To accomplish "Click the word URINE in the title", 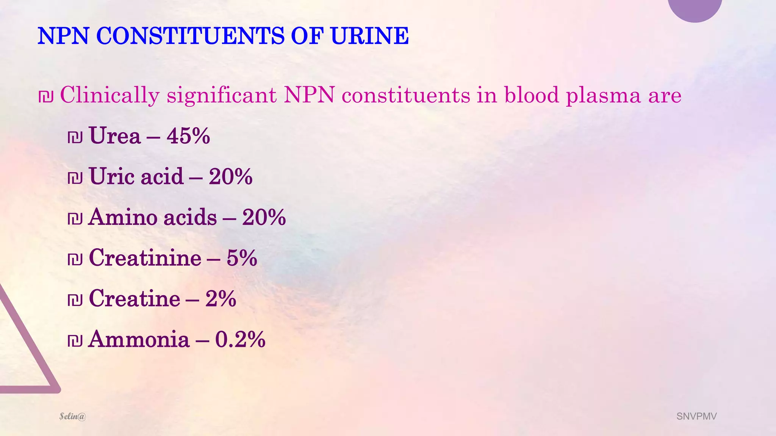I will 369,36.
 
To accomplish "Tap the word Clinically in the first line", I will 110,95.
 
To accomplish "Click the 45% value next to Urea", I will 188,136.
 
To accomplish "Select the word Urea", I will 114,136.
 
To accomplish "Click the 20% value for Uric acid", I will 230,177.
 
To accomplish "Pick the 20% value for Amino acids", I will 264,218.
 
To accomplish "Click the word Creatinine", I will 145,258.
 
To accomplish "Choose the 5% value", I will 242,258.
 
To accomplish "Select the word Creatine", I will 135,299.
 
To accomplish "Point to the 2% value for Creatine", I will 221,299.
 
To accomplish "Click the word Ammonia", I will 139,339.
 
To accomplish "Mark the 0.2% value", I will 240,339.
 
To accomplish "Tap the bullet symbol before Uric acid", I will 75,178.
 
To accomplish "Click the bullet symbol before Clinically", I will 46,96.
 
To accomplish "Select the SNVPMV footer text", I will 696,416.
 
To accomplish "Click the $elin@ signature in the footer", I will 73,416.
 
